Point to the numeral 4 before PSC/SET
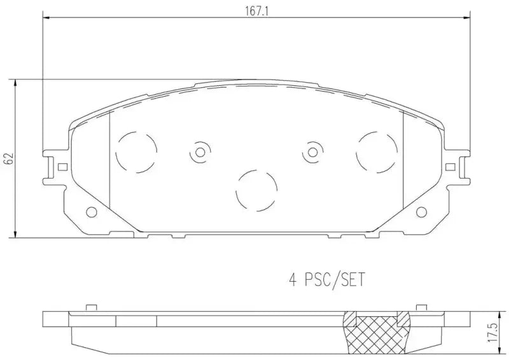[x=292, y=279]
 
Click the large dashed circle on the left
[x=136, y=151]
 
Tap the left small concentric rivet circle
[x=200, y=152]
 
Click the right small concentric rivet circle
[x=312, y=152]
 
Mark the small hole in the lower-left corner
[x=91, y=212]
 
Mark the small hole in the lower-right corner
[x=421, y=212]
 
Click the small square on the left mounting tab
[x=62, y=167]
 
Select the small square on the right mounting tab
[x=450, y=167]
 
